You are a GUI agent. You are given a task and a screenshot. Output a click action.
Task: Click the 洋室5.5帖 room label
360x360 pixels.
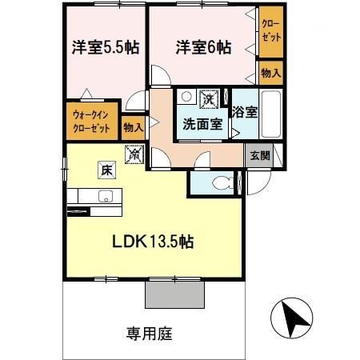tap(104, 47)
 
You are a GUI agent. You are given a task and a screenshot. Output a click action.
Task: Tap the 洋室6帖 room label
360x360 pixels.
tap(203, 47)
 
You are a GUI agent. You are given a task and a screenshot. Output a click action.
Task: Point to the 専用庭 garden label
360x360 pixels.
tap(149, 332)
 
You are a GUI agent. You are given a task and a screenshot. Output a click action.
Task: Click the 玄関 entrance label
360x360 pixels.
tap(258, 156)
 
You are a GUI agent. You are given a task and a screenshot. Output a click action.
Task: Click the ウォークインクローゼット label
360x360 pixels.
tap(91, 120)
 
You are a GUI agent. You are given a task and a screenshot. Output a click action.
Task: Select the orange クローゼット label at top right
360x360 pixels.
tap(270, 31)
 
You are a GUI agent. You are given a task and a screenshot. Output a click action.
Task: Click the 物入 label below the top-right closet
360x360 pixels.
tap(270, 73)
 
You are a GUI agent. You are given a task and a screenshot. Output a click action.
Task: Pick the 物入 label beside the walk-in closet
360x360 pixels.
tap(133, 126)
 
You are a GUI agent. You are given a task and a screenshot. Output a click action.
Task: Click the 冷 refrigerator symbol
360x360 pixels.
tap(134, 153)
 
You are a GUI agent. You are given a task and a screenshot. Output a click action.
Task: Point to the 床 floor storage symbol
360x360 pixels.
tap(106, 169)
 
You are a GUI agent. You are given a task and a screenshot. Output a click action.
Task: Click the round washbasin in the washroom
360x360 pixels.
tap(186, 97)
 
